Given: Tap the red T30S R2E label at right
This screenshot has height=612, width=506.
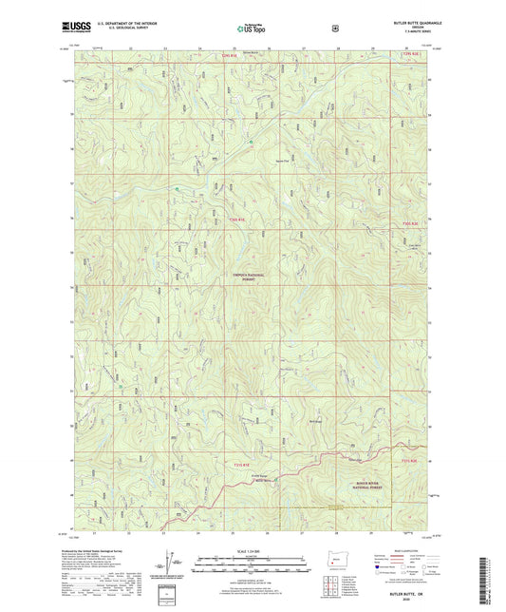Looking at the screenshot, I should (409, 224).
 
